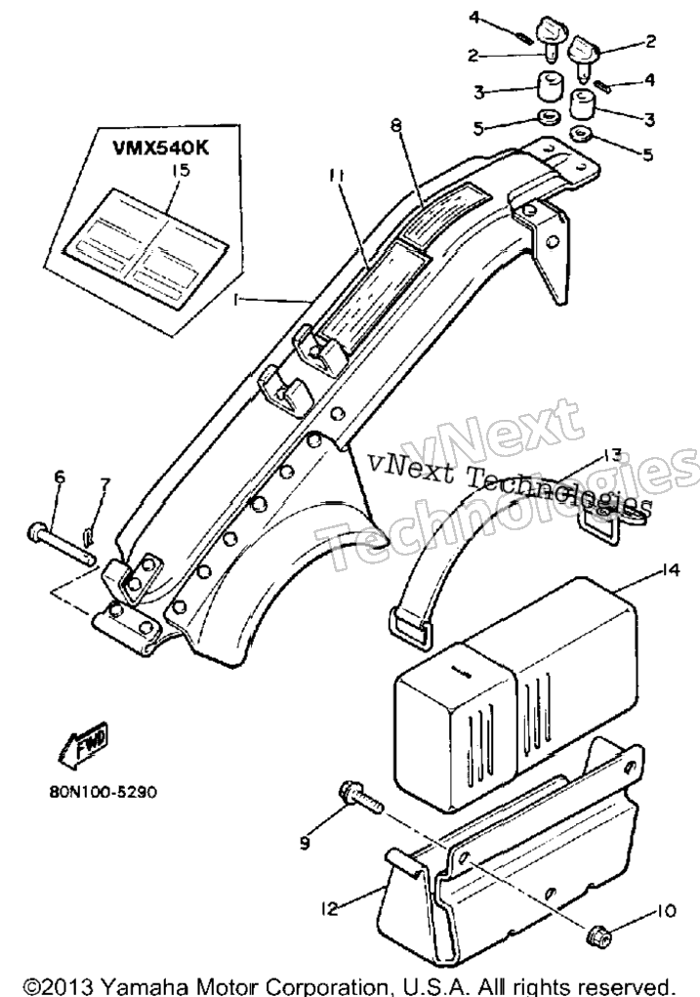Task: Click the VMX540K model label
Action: click(161, 147)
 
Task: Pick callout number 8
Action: click(396, 126)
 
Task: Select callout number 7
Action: click(103, 484)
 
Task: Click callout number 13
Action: click(611, 455)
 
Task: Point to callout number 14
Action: click(671, 569)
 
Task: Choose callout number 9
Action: click(305, 843)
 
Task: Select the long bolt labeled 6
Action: click(62, 541)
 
